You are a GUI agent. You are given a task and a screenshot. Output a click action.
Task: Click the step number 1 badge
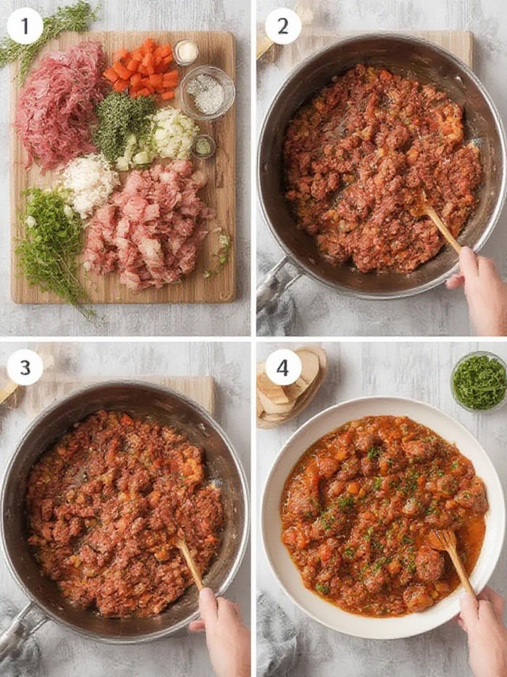point(25,26)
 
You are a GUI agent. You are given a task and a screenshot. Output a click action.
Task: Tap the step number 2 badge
point(283,26)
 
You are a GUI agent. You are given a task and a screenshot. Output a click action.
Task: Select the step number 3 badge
point(25,367)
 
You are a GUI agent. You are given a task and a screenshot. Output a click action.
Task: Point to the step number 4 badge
point(283,368)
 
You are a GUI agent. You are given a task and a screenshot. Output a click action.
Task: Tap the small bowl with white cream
point(186,52)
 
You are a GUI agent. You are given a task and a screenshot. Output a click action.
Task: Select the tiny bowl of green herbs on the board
point(203,146)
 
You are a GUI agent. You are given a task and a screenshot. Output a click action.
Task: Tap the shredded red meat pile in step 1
point(60,105)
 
